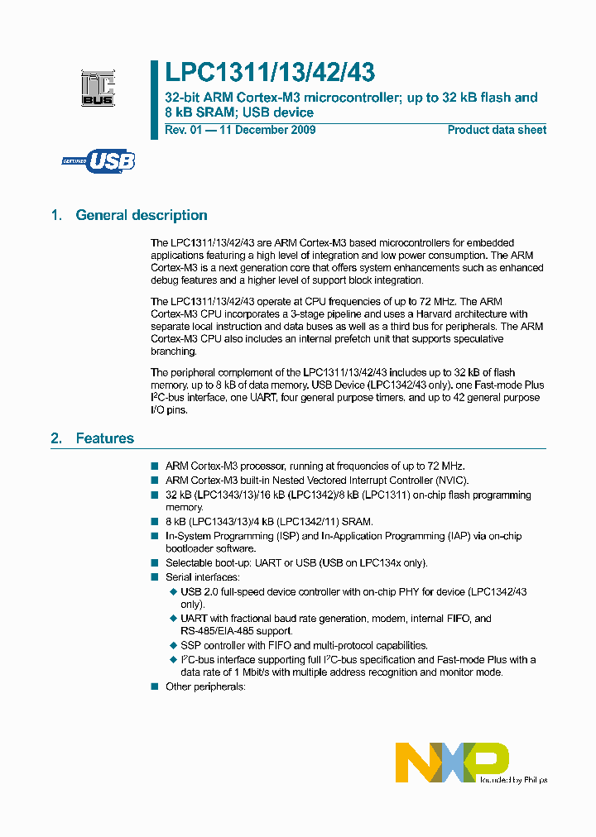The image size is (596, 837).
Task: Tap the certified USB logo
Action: point(99,161)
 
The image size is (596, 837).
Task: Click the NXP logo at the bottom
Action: point(452,762)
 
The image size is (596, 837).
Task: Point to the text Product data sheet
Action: point(497,130)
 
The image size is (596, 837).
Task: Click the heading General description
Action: point(142,215)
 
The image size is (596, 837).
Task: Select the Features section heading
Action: point(104,438)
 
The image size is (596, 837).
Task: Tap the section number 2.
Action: point(56,438)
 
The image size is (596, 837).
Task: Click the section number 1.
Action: point(56,215)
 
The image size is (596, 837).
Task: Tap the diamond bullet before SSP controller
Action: point(173,645)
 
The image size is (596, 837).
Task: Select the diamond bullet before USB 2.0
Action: point(173,591)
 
